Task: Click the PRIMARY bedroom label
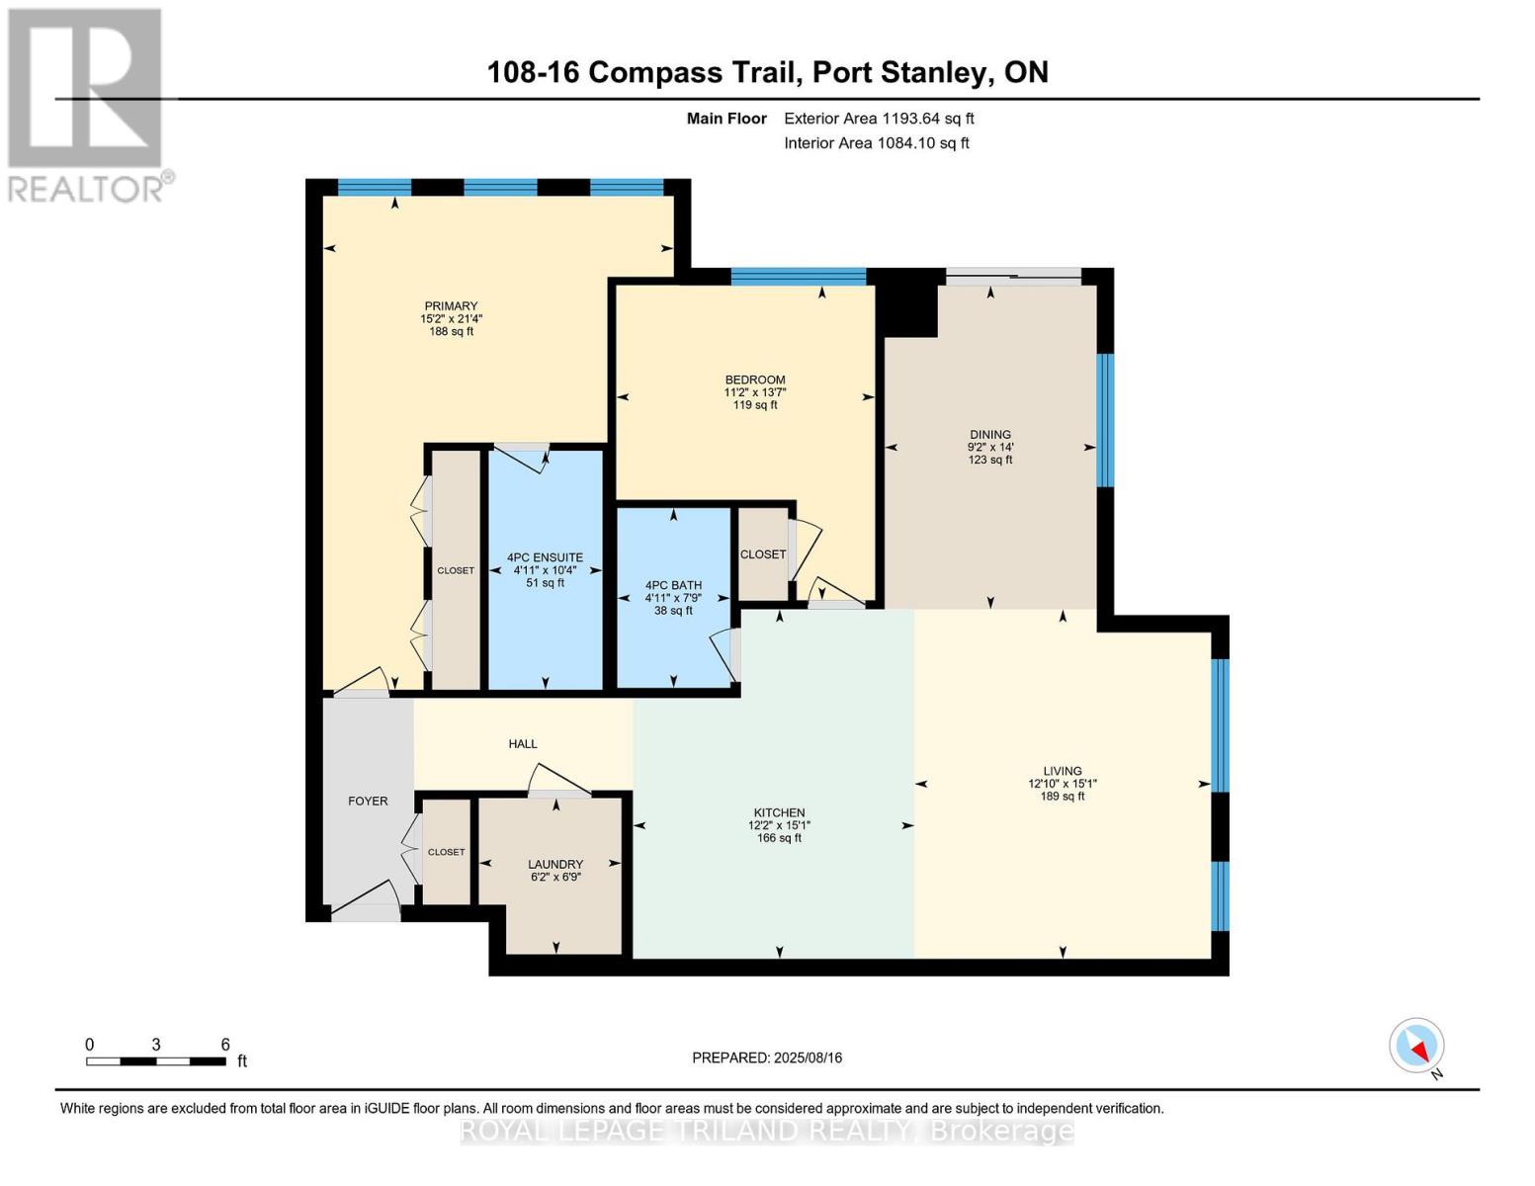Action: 451,305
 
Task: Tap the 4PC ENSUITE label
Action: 545,557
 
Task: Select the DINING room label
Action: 989,435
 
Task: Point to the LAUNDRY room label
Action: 555,864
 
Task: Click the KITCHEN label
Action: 779,812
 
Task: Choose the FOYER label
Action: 368,801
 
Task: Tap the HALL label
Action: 523,743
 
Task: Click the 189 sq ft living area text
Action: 1062,796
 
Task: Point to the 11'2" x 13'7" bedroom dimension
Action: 754,392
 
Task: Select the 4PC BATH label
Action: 673,585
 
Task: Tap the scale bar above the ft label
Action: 156,1061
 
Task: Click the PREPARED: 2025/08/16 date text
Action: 766,1058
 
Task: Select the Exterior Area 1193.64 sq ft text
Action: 879,119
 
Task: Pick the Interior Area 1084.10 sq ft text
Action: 876,142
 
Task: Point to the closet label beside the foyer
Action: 446,852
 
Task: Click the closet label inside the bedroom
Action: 762,554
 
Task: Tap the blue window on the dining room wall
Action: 1105,420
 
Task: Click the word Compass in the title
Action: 655,72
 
